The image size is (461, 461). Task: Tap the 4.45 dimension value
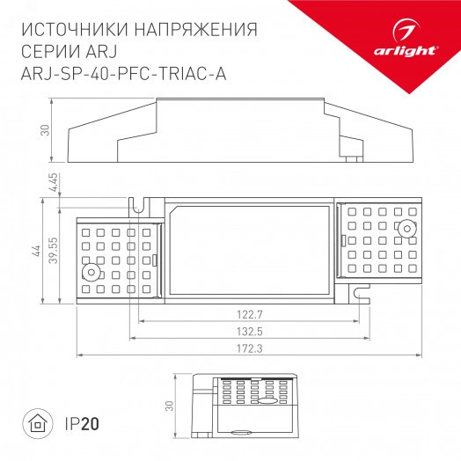click(x=54, y=183)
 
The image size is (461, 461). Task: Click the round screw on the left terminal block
click(x=88, y=273)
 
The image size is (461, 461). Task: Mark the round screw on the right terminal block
click(x=406, y=230)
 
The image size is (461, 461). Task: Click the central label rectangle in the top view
click(x=250, y=247)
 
